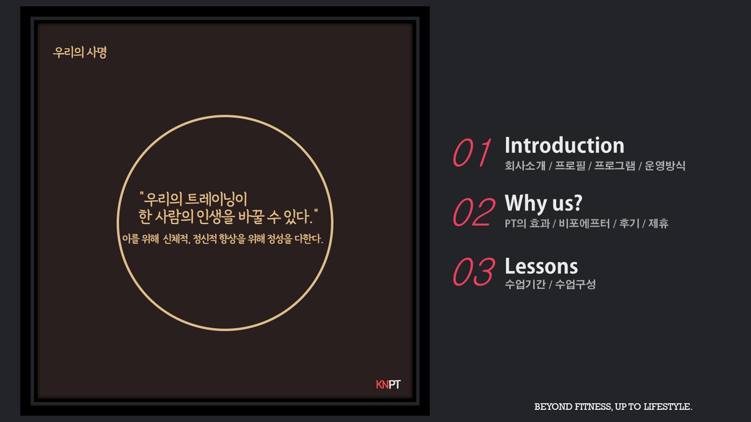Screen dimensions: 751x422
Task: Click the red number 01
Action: coord(472,153)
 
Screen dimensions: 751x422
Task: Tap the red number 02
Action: coord(474,212)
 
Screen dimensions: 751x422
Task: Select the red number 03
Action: coord(474,272)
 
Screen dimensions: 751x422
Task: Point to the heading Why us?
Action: coord(543,204)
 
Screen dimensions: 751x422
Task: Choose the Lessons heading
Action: coord(541,266)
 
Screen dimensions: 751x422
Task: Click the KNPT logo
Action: coord(388,385)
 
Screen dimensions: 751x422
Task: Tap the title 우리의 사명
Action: coord(80,52)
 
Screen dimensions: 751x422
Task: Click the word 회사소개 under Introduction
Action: coord(525,166)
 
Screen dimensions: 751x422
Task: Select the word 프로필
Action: coord(570,166)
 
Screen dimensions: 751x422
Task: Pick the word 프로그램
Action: coord(614,166)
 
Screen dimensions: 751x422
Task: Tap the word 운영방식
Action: coord(665,166)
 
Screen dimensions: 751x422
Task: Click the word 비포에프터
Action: coord(584,223)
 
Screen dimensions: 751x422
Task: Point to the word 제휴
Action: coord(659,223)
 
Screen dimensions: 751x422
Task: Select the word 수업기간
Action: coord(525,284)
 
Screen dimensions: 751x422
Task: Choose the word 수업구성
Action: coord(575,284)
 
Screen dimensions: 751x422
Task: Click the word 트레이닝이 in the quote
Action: coord(216,199)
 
